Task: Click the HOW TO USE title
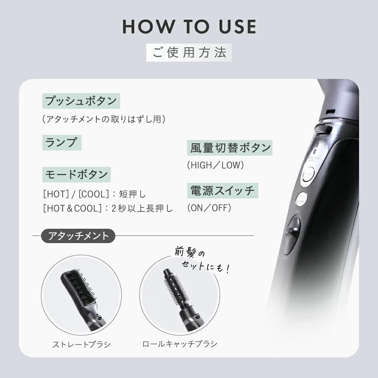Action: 189,26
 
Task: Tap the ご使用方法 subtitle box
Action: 189,53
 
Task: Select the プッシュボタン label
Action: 81,101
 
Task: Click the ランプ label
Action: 61,143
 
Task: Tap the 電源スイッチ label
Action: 223,190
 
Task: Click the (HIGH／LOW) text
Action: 215,165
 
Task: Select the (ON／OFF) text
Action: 209,208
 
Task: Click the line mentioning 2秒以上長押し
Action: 108,208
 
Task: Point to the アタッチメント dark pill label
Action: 78,236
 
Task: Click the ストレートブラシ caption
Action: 81,344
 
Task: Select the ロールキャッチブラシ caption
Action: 180,344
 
